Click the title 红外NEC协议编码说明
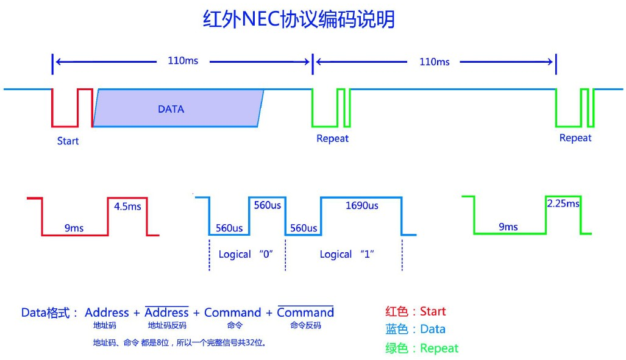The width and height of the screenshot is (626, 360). [x=299, y=19]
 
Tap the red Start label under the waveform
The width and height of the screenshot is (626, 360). [x=68, y=141]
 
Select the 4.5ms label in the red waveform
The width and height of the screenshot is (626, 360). [x=127, y=206]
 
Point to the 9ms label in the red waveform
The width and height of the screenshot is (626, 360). [x=74, y=228]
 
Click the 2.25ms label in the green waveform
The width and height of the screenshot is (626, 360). [x=563, y=203]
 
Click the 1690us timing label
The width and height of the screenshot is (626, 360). [x=361, y=206]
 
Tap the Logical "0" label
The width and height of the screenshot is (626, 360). [x=245, y=254]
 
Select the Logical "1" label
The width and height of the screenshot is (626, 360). [x=346, y=254]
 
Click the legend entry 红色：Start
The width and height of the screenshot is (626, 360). [x=415, y=311]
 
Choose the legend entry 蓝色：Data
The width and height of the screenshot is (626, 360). [x=415, y=329]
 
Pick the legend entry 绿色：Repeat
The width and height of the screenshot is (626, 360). [x=421, y=348]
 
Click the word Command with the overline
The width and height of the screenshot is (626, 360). [x=305, y=312]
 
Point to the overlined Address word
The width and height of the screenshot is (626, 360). [x=166, y=312]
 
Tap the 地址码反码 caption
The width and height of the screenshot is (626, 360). [x=166, y=325]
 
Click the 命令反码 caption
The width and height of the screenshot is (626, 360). [x=305, y=325]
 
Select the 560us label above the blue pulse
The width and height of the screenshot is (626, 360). [x=267, y=205]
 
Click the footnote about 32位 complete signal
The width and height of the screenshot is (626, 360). [x=179, y=342]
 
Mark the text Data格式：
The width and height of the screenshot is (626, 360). [x=50, y=313]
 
